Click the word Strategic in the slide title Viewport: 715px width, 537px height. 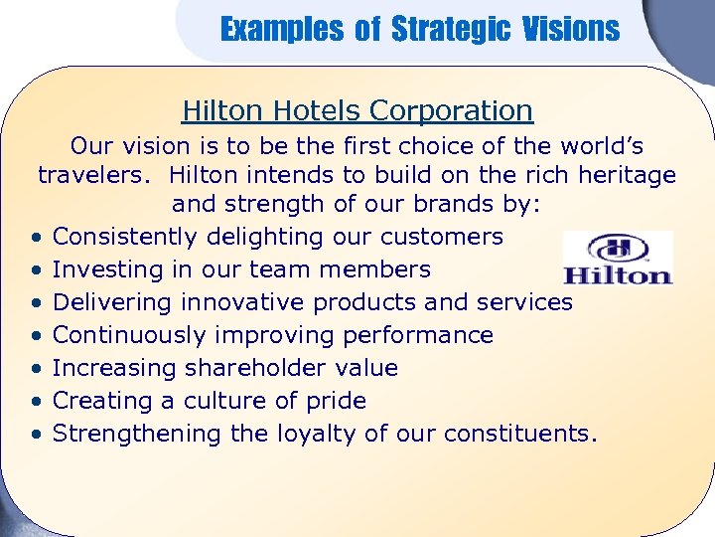coord(451,30)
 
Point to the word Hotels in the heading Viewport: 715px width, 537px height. coord(319,110)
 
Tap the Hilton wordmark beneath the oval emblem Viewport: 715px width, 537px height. coord(618,273)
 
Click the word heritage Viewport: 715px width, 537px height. coord(622,176)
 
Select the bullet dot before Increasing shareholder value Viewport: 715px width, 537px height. coord(35,369)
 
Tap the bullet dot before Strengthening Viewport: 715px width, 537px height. coord(35,435)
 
